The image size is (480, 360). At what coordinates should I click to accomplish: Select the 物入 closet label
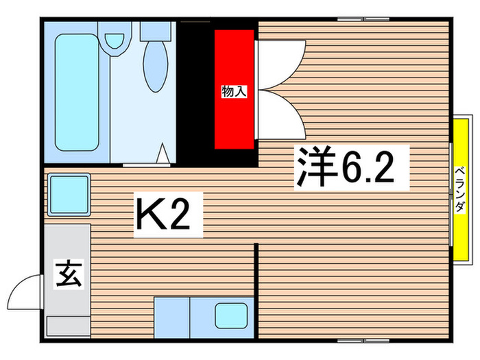pos(233,90)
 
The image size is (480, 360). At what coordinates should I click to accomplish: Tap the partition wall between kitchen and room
pos(256,288)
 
